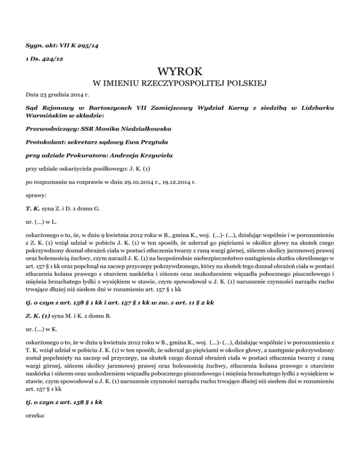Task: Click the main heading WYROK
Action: pos(180,72)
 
